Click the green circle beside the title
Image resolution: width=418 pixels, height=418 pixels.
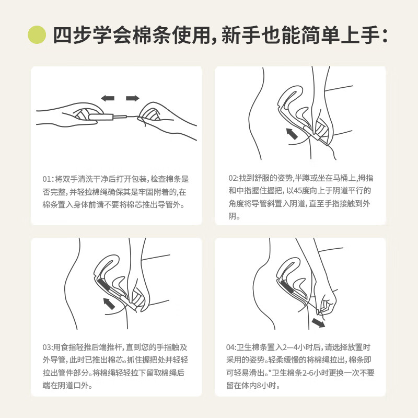[38, 34]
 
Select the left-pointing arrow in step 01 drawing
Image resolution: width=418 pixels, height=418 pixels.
[108, 98]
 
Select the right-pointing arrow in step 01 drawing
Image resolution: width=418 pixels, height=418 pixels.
[133, 98]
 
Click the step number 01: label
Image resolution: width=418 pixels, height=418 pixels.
[49, 178]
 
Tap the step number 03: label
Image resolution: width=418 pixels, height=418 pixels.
[49, 346]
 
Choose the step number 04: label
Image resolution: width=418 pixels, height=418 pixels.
[233, 346]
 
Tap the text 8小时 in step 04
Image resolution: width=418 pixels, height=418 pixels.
[268, 386]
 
